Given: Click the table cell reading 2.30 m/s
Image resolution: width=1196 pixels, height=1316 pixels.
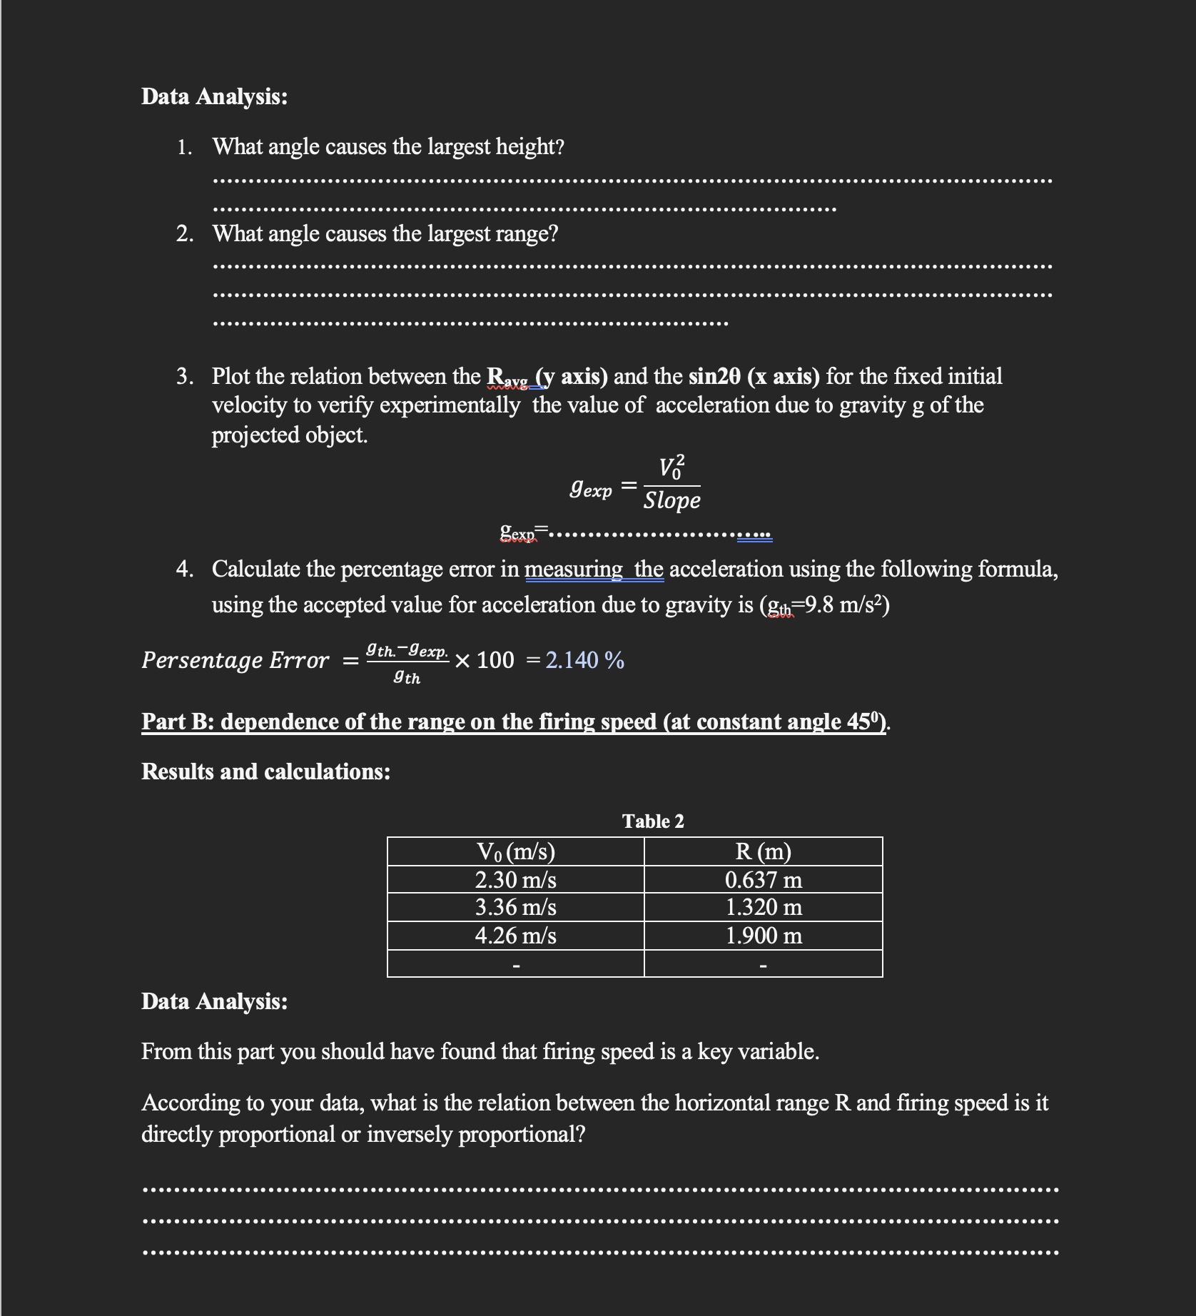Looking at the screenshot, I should [x=515, y=879].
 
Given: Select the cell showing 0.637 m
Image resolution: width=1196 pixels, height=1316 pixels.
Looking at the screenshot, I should [x=763, y=879].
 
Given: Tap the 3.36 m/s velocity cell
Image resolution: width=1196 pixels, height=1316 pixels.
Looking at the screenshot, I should [x=515, y=907].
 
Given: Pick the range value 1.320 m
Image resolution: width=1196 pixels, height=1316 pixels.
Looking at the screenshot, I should [x=763, y=907].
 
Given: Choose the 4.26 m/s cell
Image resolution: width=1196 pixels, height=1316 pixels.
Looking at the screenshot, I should [x=515, y=935].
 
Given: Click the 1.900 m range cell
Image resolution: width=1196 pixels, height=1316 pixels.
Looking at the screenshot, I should [x=763, y=935].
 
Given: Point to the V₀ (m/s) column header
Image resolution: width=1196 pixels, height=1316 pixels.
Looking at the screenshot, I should [x=515, y=851].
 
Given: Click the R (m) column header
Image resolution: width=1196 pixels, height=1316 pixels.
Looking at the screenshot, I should [x=763, y=851].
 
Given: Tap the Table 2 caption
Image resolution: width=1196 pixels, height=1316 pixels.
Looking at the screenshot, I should [x=652, y=821].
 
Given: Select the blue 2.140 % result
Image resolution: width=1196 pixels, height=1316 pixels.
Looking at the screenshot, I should [x=584, y=660].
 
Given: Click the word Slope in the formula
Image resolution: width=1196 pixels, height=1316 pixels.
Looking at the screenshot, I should [x=672, y=500].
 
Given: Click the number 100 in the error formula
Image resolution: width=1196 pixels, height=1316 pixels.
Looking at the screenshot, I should [x=495, y=660].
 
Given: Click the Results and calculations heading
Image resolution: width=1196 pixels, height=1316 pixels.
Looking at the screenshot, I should [x=265, y=771].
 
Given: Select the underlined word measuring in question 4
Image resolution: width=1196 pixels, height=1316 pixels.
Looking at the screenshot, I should [x=573, y=569].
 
